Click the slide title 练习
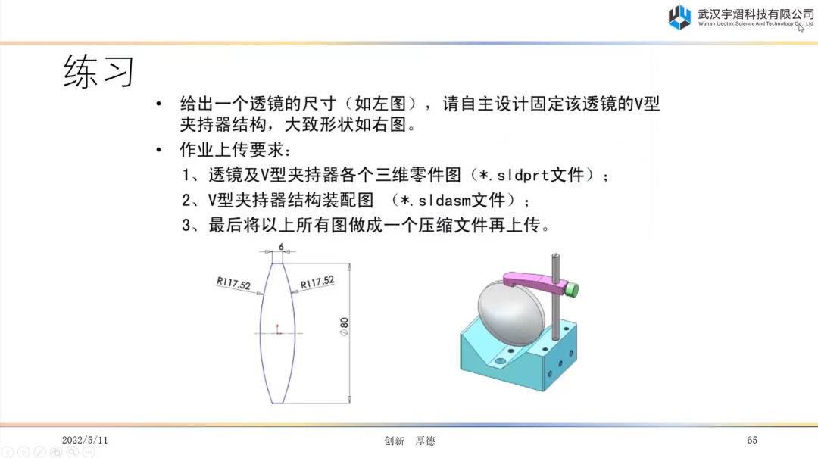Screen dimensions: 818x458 [99, 71]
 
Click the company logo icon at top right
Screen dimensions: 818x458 [679, 17]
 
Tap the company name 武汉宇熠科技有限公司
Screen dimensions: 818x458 [756, 14]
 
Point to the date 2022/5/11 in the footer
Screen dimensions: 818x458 [85, 441]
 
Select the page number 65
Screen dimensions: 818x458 [752, 441]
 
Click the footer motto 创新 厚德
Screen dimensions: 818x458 [410, 441]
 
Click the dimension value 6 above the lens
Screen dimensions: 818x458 [281, 246]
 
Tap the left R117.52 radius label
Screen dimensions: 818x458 [234, 283]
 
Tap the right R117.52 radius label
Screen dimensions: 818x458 [317, 282]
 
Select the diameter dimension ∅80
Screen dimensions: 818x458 [344, 326]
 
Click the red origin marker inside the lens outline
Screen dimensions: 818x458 [277, 329]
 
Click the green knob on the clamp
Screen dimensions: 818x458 [572, 289]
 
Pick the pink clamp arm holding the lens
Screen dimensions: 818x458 [535, 282]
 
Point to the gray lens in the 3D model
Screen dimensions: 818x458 [510, 312]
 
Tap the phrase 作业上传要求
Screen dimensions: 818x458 [232, 150]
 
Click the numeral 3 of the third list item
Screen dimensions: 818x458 [186, 226]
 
